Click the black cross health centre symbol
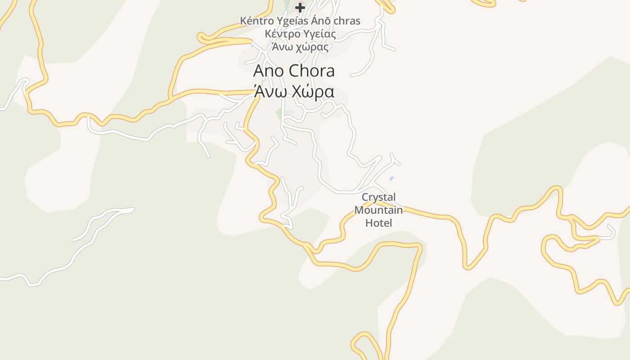coord(300,7)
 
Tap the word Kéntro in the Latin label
coord(255,21)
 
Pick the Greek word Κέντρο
coord(280,34)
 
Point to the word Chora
coord(311,71)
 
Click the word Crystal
coord(378,197)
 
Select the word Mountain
coord(378,210)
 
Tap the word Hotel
coord(378,223)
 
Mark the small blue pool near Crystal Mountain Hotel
coord(391,179)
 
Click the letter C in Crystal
coord(365,197)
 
